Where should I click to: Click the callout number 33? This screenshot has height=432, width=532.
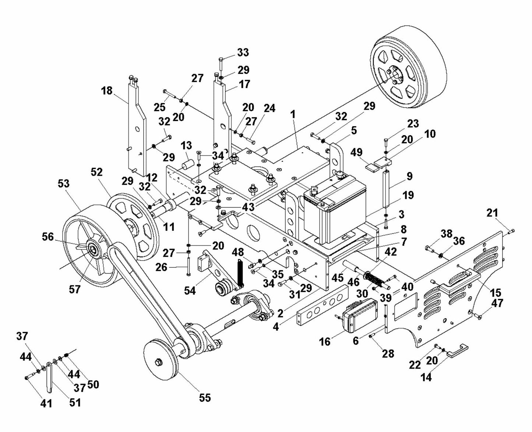click(243, 53)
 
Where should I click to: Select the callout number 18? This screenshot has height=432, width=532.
click(107, 90)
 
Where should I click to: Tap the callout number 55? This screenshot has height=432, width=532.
click(205, 397)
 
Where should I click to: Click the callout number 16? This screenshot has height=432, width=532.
click(325, 341)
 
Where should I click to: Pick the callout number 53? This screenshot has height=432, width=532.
click(64, 183)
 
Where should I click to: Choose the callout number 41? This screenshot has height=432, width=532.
click(46, 403)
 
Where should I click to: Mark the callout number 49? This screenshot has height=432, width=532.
click(356, 152)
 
